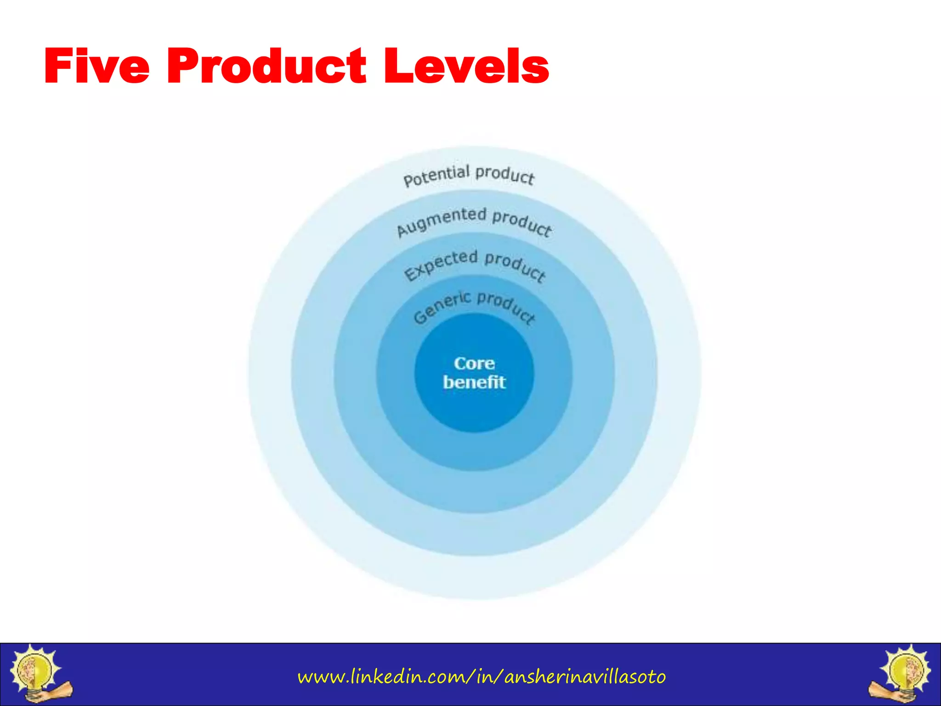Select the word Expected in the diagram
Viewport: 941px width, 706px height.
(441, 265)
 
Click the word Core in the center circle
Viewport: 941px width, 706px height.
(474, 364)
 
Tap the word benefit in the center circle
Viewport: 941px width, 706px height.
(474, 382)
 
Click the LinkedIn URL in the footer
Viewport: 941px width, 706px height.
(482, 677)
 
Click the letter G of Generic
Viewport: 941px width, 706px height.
(420, 317)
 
